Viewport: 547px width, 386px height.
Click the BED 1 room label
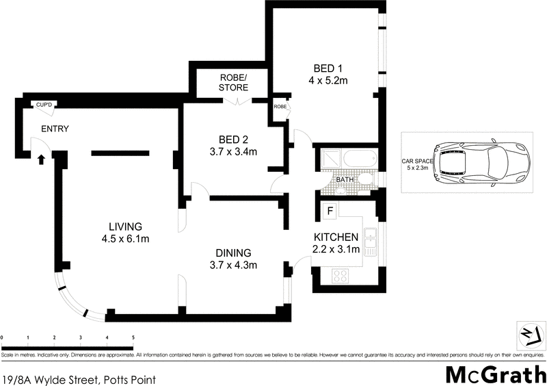point(328,68)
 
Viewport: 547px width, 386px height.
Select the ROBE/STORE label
point(234,82)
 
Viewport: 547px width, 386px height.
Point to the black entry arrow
point(41,159)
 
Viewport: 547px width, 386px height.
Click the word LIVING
point(124,227)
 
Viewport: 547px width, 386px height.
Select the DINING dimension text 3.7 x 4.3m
point(234,265)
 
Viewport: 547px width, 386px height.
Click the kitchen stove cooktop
point(341,276)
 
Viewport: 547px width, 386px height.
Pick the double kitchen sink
point(370,241)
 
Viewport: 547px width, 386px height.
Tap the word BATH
point(345,180)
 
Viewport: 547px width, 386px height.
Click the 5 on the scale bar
point(133,338)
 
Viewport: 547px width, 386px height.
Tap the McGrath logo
point(494,374)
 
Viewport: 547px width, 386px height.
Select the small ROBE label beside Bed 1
point(280,107)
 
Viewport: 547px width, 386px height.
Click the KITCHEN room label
point(336,237)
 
